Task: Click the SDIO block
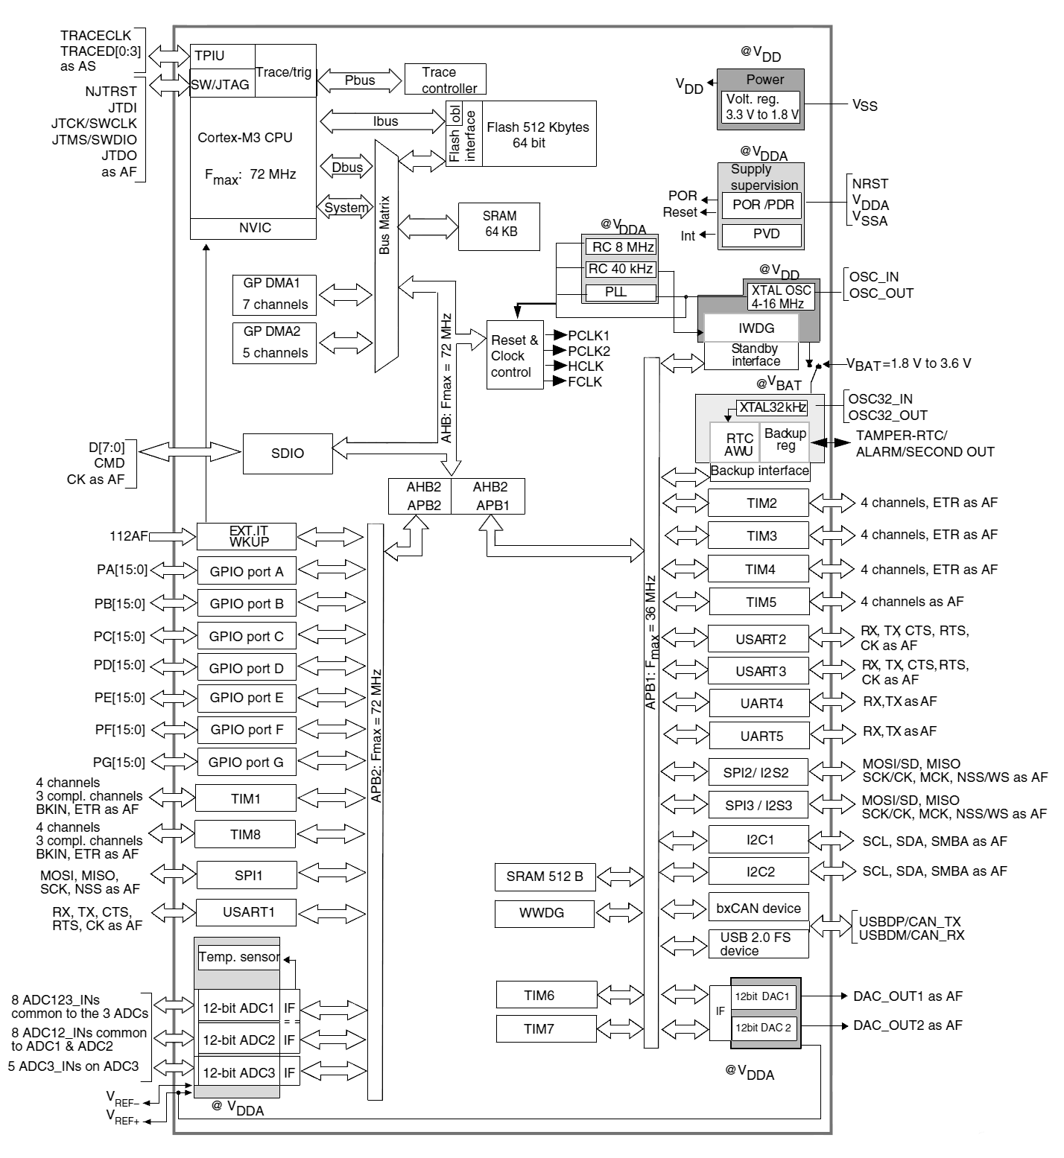click(288, 453)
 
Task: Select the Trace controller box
click(445, 80)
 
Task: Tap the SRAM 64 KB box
click(500, 223)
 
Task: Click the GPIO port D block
click(246, 668)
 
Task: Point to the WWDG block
click(544, 913)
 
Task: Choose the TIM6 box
click(546, 995)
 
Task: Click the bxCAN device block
click(758, 908)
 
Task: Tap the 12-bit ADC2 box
click(238, 1040)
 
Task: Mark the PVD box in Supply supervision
click(765, 235)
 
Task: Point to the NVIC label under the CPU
click(254, 228)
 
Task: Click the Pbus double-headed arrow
click(360, 80)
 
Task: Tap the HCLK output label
click(586, 366)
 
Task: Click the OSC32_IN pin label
click(880, 399)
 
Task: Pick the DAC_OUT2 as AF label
click(908, 1025)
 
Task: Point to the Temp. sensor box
click(238, 957)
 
